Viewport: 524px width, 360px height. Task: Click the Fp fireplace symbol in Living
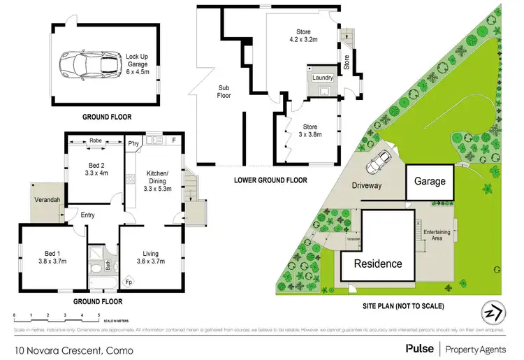(x=129, y=282)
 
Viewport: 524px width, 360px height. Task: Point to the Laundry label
(x=322, y=78)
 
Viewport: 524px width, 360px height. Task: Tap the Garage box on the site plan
(x=430, y=181)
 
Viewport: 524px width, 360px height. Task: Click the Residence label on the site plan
(x=377, y=264)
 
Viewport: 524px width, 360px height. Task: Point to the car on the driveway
(x=381, y=161)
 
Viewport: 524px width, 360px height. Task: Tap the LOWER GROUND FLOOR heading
(x=271, y=180)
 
